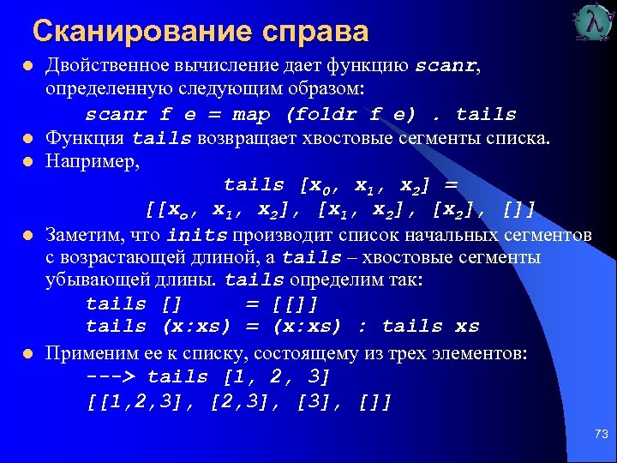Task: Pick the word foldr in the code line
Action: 327,115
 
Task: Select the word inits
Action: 198,235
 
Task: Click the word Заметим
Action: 82,235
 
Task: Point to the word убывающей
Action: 88,280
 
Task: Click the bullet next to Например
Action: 27,161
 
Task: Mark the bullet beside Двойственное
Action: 27,68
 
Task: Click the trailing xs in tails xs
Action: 467,327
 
